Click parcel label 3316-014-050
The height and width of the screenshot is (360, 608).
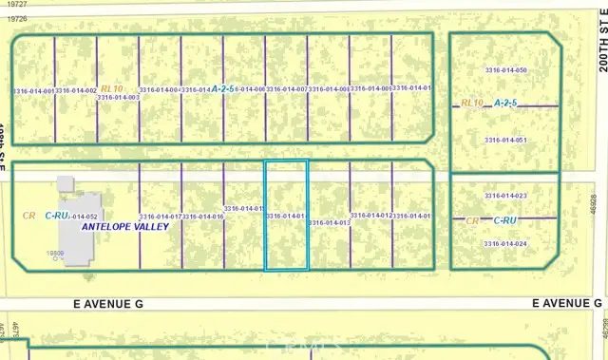point(505,70)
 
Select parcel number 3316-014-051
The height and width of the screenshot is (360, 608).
point(505,140)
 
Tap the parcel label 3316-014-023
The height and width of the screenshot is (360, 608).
point(505,196)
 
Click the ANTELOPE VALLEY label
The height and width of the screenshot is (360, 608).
point(124,228)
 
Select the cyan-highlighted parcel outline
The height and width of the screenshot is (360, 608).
point(286,216)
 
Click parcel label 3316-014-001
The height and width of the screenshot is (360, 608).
point(33,90)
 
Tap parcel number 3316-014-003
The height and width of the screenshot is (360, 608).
point(118,97)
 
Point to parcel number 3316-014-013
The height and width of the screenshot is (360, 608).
point(330,222)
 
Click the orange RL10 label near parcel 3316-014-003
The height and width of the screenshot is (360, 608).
point(112,87)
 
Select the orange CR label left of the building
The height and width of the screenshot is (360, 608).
point(29,216)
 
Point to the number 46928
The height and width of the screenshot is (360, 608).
point(592,205)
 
